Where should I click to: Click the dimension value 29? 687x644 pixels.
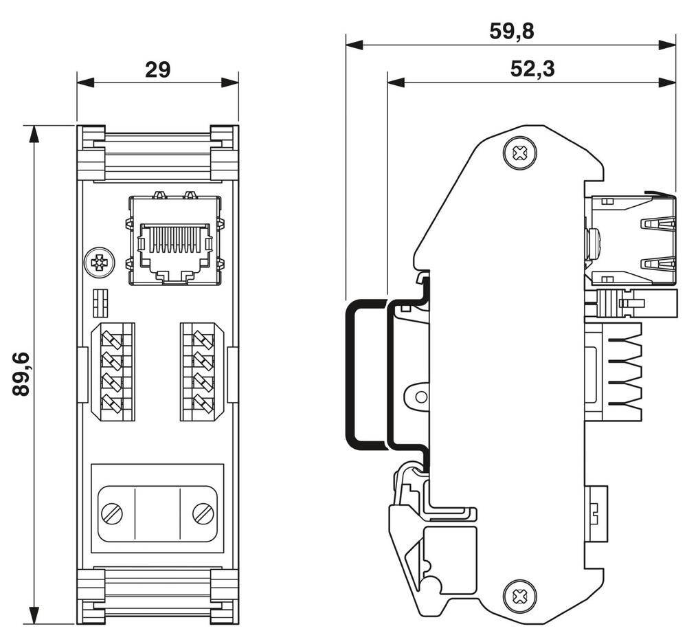(x=157, y=69)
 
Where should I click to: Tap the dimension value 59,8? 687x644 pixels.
(x=510, y=32)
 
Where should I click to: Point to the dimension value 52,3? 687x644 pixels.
(x=532, y=69)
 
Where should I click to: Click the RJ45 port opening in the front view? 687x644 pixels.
(x=174, y=245)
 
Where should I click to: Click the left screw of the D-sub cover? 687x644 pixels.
(x=112, y=512)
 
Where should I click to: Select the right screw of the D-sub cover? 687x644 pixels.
(x=203, y=512)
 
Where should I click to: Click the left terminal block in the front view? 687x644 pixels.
(x=113, y=371)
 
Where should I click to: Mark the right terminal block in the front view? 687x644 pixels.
(x=202, y=371)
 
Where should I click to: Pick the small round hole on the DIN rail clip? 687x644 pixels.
(x=420, y=397)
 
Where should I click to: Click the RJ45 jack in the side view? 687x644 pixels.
(x=622, y=239)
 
